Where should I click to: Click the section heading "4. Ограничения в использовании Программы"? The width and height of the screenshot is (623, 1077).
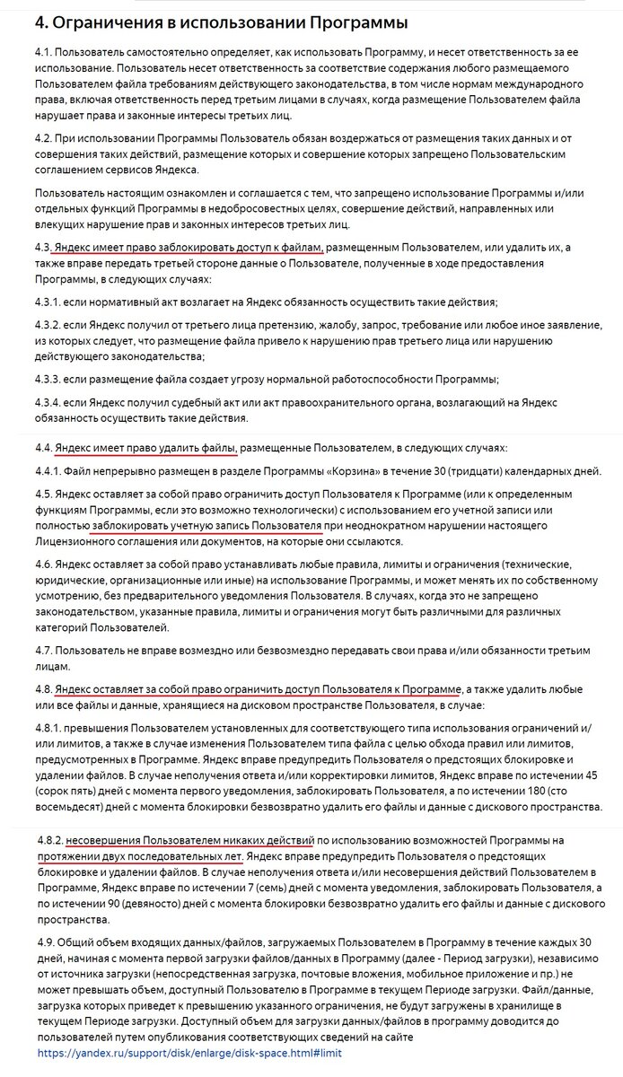coord(207,22)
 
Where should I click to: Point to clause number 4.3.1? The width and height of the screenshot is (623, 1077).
coord(51,302)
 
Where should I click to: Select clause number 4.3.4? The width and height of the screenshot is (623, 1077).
coord(52,403)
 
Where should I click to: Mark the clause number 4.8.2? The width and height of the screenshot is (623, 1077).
coord(52,840)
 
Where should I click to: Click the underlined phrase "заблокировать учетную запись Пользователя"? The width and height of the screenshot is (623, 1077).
coord(206,526)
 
